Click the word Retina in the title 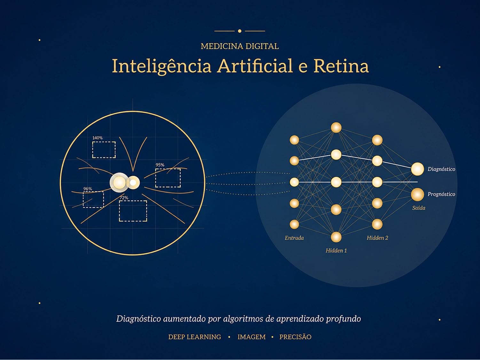tap(341, 66)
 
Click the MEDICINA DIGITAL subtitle tap(240, 46)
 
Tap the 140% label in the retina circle tap(97, 138)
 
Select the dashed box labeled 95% tap(168, 178)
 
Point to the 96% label tap(88, 189)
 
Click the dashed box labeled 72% tap(133, 211)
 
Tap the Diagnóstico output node tap(417, 169)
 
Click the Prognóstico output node tap(417, 194)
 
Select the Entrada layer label tap(294, 238)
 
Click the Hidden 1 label tap(336, 250)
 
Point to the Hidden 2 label tap(377, 238)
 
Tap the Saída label tap(419, 208)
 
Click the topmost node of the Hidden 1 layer tap(336, 128)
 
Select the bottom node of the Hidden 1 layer tap(336, 237)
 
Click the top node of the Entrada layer tap(294, 140)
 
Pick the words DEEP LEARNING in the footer tap(195, 337)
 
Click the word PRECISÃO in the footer tap(295, 337)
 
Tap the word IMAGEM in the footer tap(251, 337)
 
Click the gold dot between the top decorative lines tap(240, 31)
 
